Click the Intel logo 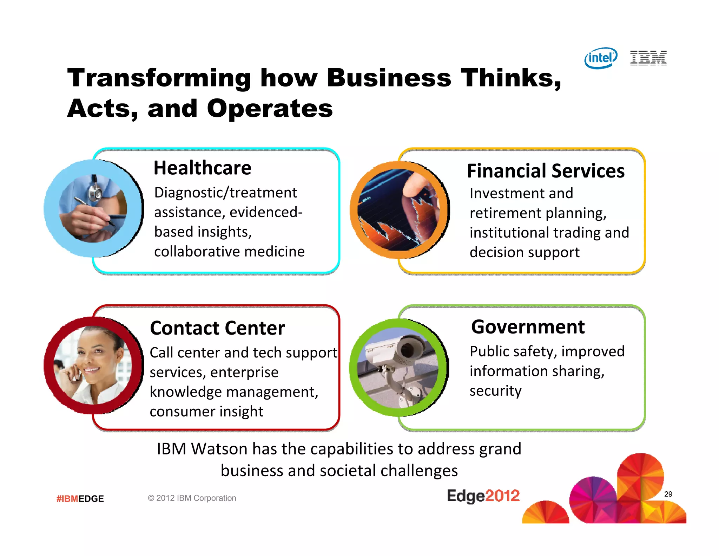click(601, 58)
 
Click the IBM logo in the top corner click(648, 58)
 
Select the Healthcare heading click(202, 168)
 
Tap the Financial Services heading click(546, 171)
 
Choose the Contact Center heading click(217, 328)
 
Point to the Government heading click(528, 327)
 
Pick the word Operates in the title click(270, 109)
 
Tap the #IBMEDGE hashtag click(80, 499)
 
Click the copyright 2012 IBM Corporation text click(192, 498)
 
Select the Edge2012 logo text click(483, 496)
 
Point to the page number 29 click(668, 494)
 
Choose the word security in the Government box click(495, 391)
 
